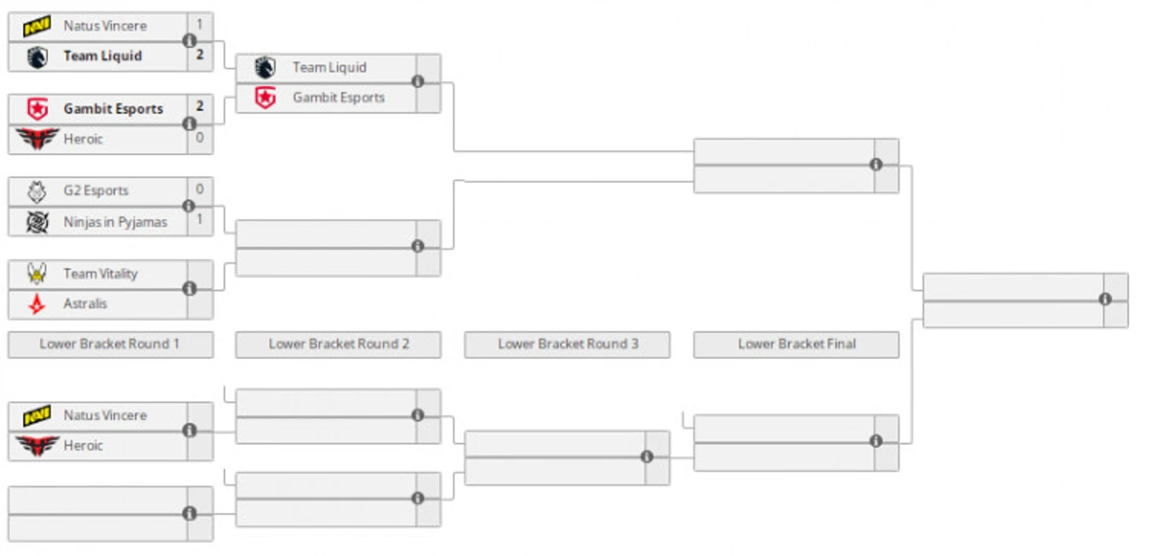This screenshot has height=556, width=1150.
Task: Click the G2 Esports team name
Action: pos(96,191)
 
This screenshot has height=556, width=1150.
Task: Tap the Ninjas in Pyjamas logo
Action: pos(37,222)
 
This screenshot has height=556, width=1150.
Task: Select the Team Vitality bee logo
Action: pos(37,274)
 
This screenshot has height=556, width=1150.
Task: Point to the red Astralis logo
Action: pos(36,304)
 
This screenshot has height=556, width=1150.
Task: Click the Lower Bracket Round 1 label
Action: pos(109,344)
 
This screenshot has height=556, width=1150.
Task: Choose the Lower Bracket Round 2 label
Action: pos(339,344)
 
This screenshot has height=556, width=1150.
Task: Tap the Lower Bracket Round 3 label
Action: pos(568,344)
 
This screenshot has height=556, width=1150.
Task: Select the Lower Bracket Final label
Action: pos(797,344)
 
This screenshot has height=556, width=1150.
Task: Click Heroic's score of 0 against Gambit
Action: pos(200,138)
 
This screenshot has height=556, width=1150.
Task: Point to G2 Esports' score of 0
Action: pos(200,189)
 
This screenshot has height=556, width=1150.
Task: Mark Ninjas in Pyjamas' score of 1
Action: pos(200,219)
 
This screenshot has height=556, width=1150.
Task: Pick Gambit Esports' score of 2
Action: pos(200,106)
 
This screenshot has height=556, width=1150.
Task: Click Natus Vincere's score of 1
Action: pos(200,24)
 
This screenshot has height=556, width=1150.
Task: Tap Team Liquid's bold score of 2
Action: pos(200,54)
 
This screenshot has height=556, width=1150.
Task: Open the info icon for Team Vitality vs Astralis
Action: pos(190,289)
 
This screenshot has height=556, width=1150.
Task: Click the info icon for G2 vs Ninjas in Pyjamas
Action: pos(189,206)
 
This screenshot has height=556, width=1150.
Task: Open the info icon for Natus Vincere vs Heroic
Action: pos(190,430)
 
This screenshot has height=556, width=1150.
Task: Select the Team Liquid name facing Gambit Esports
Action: pos(329,67)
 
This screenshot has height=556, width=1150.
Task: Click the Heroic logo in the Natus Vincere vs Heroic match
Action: pos(37,446)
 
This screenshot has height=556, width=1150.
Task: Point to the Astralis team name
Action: pos(85,304)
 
